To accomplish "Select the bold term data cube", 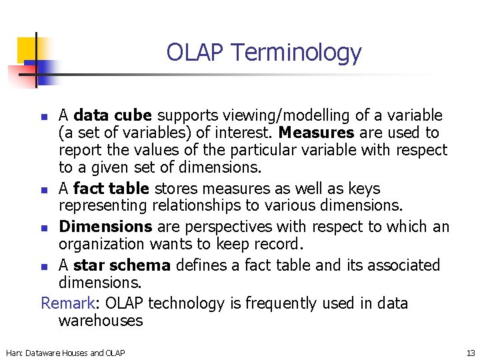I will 105,115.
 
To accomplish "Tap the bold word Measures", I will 317,133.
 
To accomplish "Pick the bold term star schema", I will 122,265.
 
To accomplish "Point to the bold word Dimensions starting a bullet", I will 105,227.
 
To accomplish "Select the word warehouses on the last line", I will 101,321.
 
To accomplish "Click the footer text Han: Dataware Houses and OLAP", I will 65,352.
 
